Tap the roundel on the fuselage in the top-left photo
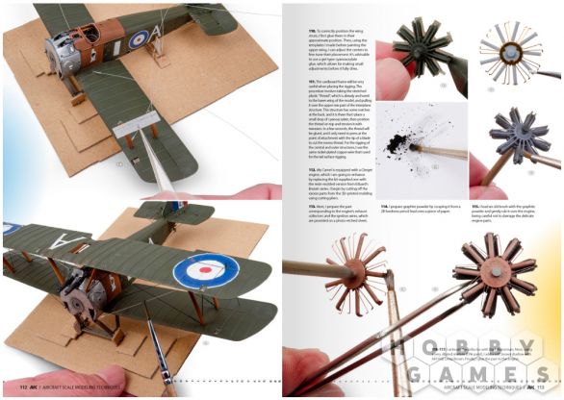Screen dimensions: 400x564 coord(141,39)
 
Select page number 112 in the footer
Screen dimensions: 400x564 coord(17,389)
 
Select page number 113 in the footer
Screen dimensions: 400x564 coord(547,389)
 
